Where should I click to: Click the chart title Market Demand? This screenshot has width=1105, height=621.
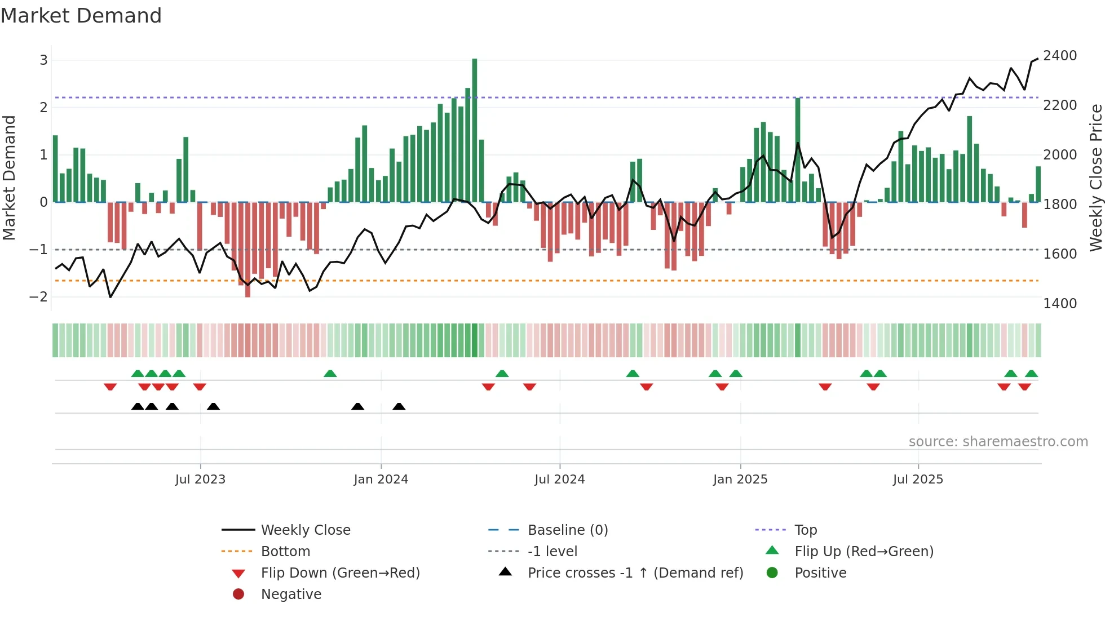pos(81,15)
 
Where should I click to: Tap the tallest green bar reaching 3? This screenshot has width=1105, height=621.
pos(475,130)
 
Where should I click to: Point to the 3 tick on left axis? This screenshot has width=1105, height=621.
pos(43,60)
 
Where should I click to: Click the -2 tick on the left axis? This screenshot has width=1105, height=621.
pos(38,296)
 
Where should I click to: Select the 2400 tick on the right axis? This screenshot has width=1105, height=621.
pos(1060,56)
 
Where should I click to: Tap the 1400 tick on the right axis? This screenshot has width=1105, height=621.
pos(1060,304)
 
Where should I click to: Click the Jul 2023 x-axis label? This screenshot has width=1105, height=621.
pos(200,480)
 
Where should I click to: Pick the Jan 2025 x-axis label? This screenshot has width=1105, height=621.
pos(740,480)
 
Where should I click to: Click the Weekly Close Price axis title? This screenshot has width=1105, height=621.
pos(1095,178)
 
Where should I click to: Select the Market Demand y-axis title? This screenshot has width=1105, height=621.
pos(9,178)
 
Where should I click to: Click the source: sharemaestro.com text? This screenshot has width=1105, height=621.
pos(998,442)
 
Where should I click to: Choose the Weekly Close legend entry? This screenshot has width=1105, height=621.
pos(305,530)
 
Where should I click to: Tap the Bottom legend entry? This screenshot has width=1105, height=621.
pos(285,552)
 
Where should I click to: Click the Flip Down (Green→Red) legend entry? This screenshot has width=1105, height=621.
pos(340,573)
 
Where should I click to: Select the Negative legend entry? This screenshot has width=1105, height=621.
pos(291,595)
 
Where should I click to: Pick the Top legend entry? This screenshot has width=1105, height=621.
pos(806,530)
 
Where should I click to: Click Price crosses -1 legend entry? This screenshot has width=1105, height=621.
pos(635,573)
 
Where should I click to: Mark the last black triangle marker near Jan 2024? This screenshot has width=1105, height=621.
pos(399,406)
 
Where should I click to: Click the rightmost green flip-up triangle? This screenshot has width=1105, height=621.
pos(1031,374)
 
